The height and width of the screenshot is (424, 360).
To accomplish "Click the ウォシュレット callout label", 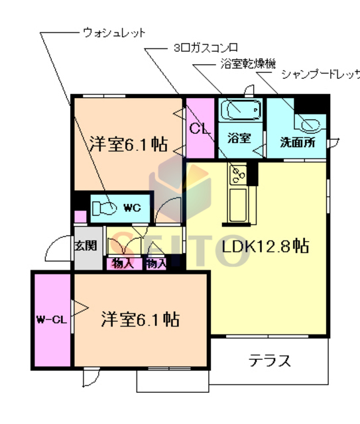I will coord(114,31).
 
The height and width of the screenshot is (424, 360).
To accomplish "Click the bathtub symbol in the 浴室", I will coord(240,109).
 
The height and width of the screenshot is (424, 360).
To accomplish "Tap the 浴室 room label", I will coord(239,138).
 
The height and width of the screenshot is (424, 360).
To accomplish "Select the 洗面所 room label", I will coord(297,141).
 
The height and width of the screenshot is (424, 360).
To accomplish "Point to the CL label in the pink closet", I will coord(200,129).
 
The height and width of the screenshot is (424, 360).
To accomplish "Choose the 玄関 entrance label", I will coord(85,246).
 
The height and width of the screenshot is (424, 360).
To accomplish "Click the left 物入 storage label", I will coord(123,264).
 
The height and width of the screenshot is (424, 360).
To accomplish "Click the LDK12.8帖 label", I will coord(265,246).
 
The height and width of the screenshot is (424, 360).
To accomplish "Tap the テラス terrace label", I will coord(270,361).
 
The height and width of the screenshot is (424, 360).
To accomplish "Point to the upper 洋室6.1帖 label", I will coord(127,142).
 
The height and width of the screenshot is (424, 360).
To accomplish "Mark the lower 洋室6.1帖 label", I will coord(141,319).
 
